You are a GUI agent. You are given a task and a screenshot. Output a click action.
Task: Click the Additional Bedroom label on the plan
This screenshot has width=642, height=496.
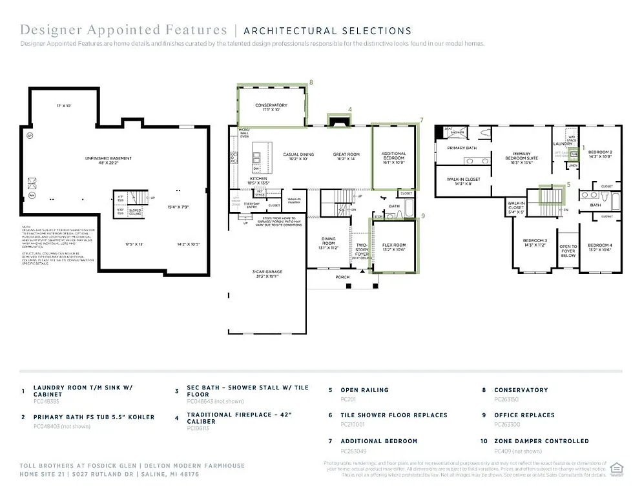[393, 157]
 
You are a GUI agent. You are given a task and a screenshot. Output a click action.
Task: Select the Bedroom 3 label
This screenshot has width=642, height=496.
[535, 243]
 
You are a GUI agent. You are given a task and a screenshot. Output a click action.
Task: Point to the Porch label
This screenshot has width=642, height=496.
[342, 277]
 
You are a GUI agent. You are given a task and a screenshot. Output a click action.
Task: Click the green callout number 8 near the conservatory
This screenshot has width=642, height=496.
[311, 82]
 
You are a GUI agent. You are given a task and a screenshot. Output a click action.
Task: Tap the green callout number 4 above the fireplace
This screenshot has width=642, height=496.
[350, 109]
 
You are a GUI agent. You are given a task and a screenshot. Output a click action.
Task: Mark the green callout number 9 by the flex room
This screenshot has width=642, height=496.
[423, 216]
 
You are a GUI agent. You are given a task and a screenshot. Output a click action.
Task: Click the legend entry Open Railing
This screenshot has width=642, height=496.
[364, 390]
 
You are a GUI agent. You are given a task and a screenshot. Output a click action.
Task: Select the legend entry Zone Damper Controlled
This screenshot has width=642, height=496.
[541, 441]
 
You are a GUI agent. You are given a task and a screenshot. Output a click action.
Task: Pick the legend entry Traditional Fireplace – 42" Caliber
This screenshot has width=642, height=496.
[240, 418]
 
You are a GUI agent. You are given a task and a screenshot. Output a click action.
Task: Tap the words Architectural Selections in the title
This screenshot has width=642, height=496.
[327, 30]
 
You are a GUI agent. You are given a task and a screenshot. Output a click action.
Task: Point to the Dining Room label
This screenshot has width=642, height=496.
[328, 245]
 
